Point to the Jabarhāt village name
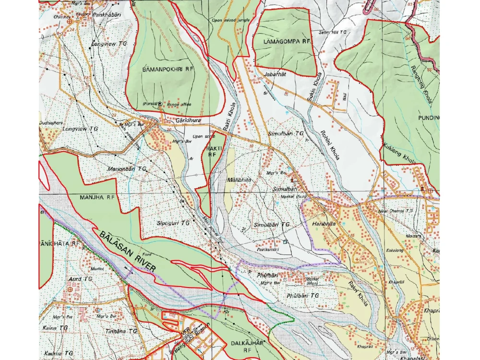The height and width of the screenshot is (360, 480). coord(275,74)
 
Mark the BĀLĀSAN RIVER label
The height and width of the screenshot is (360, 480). coord(128,252)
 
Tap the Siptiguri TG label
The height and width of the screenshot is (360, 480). coord(173,223)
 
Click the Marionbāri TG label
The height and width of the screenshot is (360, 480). coord(127,169)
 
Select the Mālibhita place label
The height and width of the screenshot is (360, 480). coord(239,180)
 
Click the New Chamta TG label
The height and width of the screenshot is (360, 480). coord(396,211)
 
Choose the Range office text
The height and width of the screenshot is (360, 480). coord(180,104)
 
